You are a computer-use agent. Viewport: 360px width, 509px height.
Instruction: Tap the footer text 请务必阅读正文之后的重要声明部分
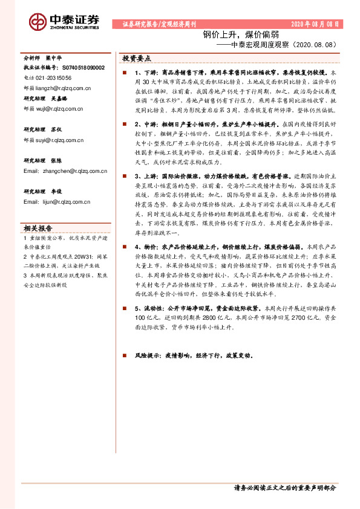pos(284,487)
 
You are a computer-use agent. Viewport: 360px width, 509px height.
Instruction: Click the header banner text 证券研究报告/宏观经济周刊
pos(160,25)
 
